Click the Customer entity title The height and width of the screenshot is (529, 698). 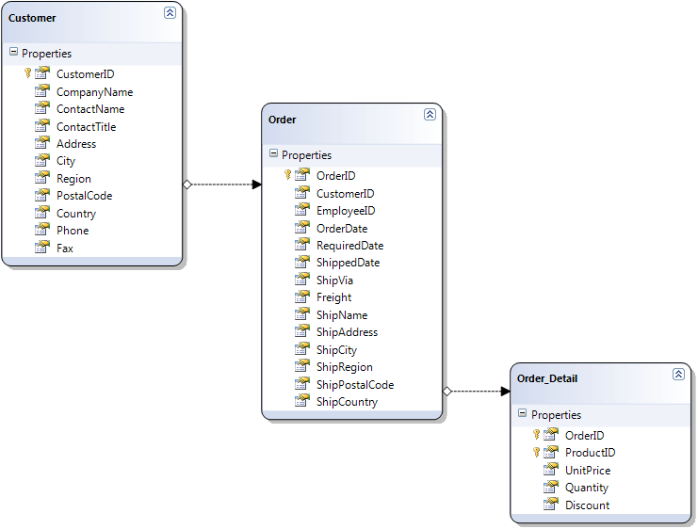tap(32, 18)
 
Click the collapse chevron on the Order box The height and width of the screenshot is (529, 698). tap(430, 114)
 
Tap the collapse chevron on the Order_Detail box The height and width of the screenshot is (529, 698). tap(678, 374)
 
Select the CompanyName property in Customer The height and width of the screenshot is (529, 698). tap(94, 92)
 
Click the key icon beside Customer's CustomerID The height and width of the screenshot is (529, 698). tap(28, 73)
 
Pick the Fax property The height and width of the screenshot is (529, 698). tap(64, 248)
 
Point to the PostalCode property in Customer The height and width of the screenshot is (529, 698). tap(84, 196)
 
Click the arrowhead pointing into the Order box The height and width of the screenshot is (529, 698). tap(256, 184)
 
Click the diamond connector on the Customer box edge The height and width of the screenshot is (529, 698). tap(187, 184)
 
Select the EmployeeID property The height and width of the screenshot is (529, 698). tap(346, 211)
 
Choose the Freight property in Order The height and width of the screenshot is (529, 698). tap(333, 297)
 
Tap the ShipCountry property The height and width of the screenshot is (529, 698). tap(347, 402)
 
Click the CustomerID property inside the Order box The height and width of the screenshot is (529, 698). tap(345, 194)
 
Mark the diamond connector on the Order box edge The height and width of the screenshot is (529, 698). tap(446, 391)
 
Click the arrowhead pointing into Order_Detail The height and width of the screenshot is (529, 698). tap(505, 391)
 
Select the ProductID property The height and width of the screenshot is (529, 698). tap(590, 453)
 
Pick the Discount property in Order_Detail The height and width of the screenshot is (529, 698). tap(587, 505)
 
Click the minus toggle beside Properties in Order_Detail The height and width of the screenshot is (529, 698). tap(523, 414)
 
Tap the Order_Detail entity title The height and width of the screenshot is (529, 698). tap(547, 378)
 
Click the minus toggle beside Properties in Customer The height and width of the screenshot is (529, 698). tap(13, 53)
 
